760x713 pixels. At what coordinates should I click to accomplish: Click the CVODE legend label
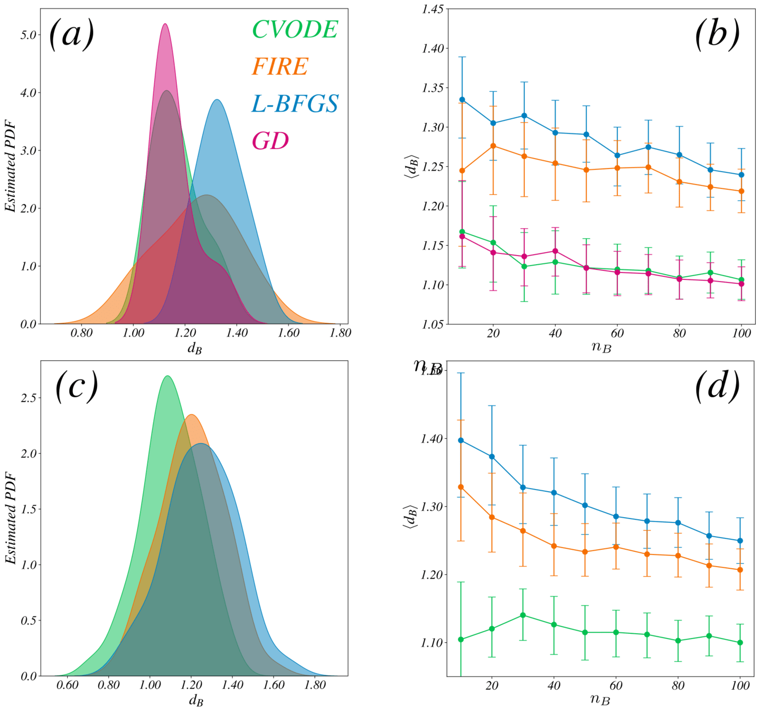pyautogui.click(x=295, y=30)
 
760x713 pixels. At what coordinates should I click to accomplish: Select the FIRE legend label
pyautogui.click(x=279, y=67)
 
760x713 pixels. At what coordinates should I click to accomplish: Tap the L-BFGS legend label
pyautogui.click(x=295, y=104)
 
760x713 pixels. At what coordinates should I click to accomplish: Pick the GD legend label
pyautogui.click(x=270, y=140)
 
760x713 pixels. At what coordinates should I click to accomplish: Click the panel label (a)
pyautogui.click(x=71, y=34)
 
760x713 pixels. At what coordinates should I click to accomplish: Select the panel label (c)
pyautogui.click(x=77, y=386)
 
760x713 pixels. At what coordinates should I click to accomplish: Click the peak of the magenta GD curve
pyautogui.click(x=165, y=24)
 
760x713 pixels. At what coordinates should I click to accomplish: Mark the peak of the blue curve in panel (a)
pyautogui.click(x=217, y=100)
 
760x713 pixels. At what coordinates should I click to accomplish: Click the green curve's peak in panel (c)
pyautogui.click(x=167, y=376)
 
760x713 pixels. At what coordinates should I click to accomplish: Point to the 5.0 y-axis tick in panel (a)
pyautogui.click(x=29, y=35)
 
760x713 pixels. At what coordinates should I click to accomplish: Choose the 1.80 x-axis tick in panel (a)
pyautogui.click(x=340, y=333)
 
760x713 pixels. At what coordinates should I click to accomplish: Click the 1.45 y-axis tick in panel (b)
pyautogui.click(x=433, y=9)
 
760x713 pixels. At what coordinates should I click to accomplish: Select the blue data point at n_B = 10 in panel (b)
pyautogui.click(x=462, y=99)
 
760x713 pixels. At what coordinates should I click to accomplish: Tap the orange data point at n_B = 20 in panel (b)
pyautogui.click(x=493, y=146)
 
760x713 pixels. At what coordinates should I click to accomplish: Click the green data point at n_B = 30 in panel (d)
pyautogui.click(x=523, y=615)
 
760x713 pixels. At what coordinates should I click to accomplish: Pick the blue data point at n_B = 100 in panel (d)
pyautogui.click(x=740, y=541)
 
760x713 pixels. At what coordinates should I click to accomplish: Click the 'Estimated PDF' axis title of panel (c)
pyautogui.click(x=11, y=518)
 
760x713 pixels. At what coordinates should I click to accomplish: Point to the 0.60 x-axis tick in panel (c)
pyautogui.click(x=67, y=686)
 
